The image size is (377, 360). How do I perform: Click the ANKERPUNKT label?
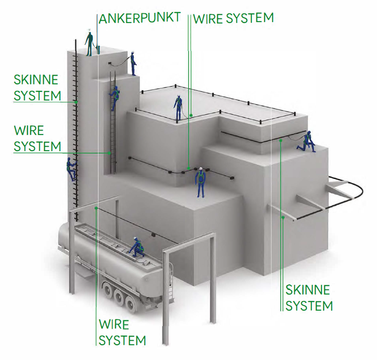point(139,19)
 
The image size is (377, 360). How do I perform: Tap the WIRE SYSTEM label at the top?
point(233,18)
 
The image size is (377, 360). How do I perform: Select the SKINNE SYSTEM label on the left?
point(36,88)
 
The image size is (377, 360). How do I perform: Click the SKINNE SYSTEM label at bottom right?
point(309,298)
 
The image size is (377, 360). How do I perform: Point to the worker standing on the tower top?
point(89,42)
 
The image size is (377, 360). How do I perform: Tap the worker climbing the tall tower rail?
point(71,169)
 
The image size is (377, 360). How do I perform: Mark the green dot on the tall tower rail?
point(77,101)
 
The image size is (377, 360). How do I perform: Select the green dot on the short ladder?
point(110,153)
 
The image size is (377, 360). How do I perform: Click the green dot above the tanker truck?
point(96,208)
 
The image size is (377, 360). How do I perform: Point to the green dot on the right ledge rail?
point(281,141)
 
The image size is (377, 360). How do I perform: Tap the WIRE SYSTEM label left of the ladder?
point(37,137)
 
